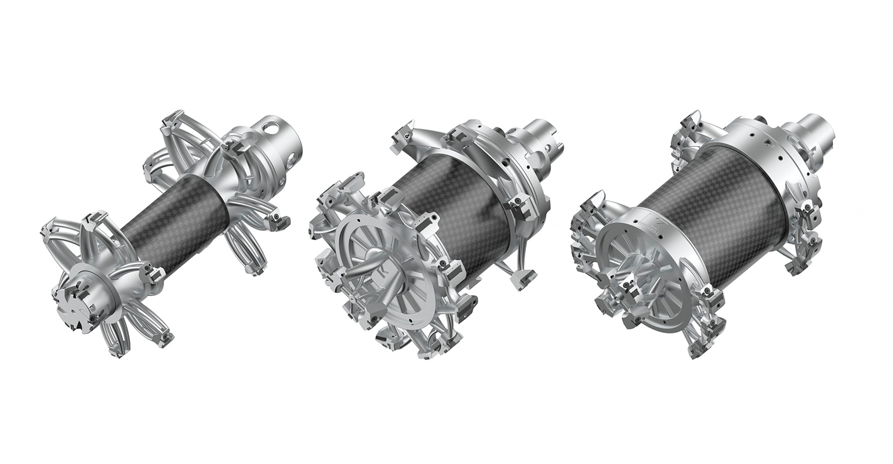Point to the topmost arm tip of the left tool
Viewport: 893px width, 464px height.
[173, 123]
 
